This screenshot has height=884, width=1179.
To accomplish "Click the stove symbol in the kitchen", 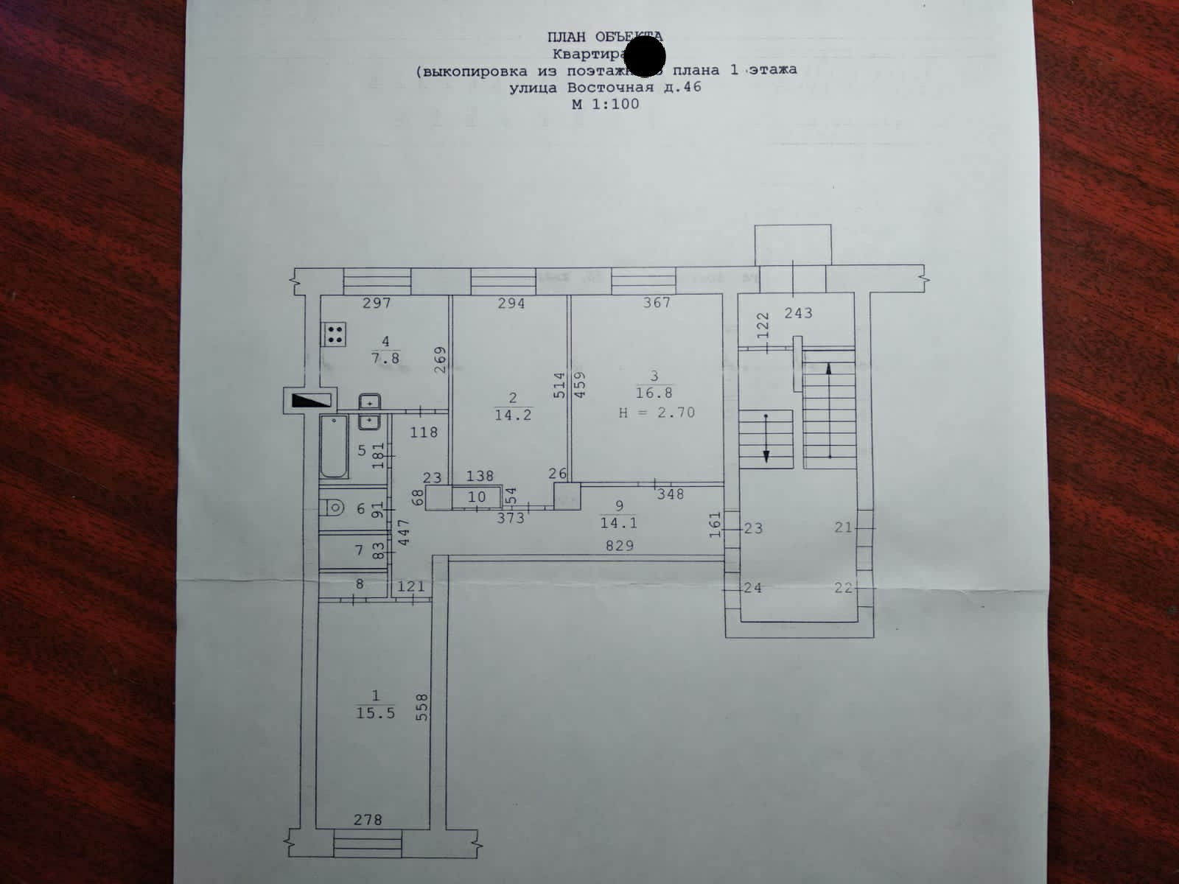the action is pyautogui.click(x=334, y=334).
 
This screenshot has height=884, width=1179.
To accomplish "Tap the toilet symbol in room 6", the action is pyautogui.click(x=334, y=508).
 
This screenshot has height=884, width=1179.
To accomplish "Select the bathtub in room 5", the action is pyautogui.click(x=334, y=447).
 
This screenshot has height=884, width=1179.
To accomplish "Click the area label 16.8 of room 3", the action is pyautogui.click(x=654, y=393).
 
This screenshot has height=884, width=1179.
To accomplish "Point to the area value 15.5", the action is pyautogui.click(x=376, y=713).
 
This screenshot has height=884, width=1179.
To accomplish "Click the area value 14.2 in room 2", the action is pyautogui.click(x=513, y=415).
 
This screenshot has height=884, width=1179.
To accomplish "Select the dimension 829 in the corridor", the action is pyautogui.click(x=619, y=546).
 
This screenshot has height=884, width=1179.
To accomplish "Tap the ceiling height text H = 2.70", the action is pyautogui.click(x=656, y=413).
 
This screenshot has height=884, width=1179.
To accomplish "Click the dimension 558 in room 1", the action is pyautogui.click(x=422, y=706).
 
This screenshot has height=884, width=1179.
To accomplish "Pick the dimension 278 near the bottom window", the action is pyautogui.click(x=368, y=820).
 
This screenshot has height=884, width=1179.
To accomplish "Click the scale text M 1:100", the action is pyautogui.click(x=606, y=104).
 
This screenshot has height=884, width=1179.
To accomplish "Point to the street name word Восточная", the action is pyautogui.click(x=610, y=88).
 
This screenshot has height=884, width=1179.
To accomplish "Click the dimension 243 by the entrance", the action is pyautogui.click(x=798, y=313).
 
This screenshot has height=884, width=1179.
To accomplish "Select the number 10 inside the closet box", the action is pyautogui.click(x=477, y=497).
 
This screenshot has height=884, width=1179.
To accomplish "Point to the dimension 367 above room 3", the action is pyautogui.click(x=657, y=303).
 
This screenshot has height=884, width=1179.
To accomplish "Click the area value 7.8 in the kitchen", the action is pyautogui.click(x=385, y=358).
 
